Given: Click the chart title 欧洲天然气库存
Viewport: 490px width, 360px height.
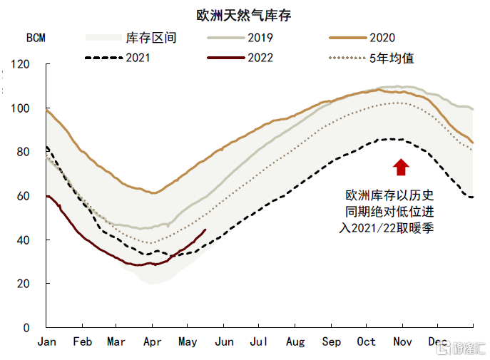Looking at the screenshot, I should [244, 15].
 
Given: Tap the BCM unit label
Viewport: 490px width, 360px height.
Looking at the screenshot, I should [36, 38].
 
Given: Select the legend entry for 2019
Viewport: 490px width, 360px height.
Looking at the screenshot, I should [258, 38].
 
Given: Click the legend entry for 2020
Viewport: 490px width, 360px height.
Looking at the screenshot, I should [381, 38].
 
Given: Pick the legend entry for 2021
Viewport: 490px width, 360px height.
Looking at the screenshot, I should [137, 58].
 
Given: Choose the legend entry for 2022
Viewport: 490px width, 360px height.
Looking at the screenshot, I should [258, 58].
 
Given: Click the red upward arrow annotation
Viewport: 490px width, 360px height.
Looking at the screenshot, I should [401, 167].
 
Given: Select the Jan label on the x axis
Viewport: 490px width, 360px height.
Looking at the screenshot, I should [46, 342].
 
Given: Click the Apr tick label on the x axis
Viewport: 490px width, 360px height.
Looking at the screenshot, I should [151, 342].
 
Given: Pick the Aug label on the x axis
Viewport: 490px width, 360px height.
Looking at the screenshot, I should [295, 342].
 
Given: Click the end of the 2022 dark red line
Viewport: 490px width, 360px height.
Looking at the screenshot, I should [205, 230].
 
